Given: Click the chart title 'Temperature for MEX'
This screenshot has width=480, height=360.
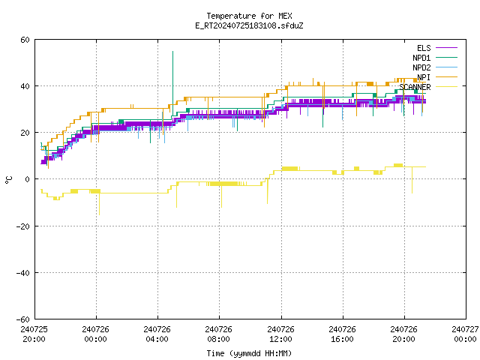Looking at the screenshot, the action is tap(249, 16).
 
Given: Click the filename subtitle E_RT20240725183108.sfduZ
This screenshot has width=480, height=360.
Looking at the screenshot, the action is tap(249, 25).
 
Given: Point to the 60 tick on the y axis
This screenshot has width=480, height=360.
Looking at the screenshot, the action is tap(25, 40).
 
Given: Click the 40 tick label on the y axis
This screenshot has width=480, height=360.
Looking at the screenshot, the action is tap(25, 86).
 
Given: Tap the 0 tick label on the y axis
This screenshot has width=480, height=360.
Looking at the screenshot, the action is tap(28, 179).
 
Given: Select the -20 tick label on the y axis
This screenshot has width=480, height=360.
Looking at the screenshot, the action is tap(23, 226).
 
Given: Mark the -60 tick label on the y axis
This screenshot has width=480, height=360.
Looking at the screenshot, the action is tap(23, 319).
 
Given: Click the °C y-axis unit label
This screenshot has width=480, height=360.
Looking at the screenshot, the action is tap(8, 180).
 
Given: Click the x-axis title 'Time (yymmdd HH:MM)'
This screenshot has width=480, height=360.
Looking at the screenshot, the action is tap(249, 353).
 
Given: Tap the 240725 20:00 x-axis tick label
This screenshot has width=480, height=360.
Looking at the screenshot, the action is tap(34, 334).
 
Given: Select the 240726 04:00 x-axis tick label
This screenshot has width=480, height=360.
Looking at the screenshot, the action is tap(157, 334).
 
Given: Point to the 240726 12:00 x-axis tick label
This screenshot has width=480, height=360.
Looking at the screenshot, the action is tap(280, 334).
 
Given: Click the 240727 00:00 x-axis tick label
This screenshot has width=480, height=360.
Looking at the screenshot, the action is tap(465, 334).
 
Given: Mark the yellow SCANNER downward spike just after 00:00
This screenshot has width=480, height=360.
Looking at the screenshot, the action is tap(99, 203).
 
